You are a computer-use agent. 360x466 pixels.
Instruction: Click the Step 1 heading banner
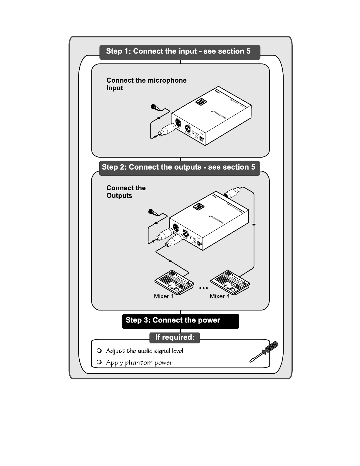pos(180,52)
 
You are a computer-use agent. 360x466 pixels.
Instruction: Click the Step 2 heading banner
pos(180,168)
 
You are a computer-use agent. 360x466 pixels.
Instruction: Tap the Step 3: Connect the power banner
pos(180,321)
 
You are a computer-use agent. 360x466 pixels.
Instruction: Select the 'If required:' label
pos(175,337)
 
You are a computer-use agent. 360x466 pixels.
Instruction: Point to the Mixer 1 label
pos(164,296)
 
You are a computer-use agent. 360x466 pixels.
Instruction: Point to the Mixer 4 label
pos(220,296)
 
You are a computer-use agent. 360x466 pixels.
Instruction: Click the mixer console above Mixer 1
pos(175,281)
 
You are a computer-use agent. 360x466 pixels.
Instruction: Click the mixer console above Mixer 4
pos(230,281)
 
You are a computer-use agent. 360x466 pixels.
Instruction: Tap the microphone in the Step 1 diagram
pos(155,108)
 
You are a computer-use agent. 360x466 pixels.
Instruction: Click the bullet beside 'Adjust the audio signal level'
pos(99,350)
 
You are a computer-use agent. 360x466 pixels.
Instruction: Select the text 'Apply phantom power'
pos(139,363)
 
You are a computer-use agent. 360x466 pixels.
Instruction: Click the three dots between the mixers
pos(203,288)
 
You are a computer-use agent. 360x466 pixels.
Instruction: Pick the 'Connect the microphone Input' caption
pos(146,84)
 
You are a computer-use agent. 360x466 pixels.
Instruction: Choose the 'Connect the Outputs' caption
pos(126,192)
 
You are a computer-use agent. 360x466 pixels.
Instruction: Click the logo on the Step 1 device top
pos(202,102)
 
